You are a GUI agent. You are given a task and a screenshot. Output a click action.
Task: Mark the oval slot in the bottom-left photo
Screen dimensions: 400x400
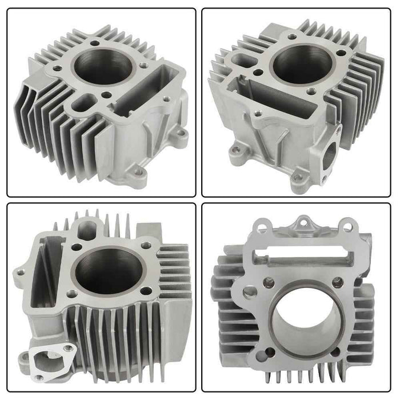coord(88,228)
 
